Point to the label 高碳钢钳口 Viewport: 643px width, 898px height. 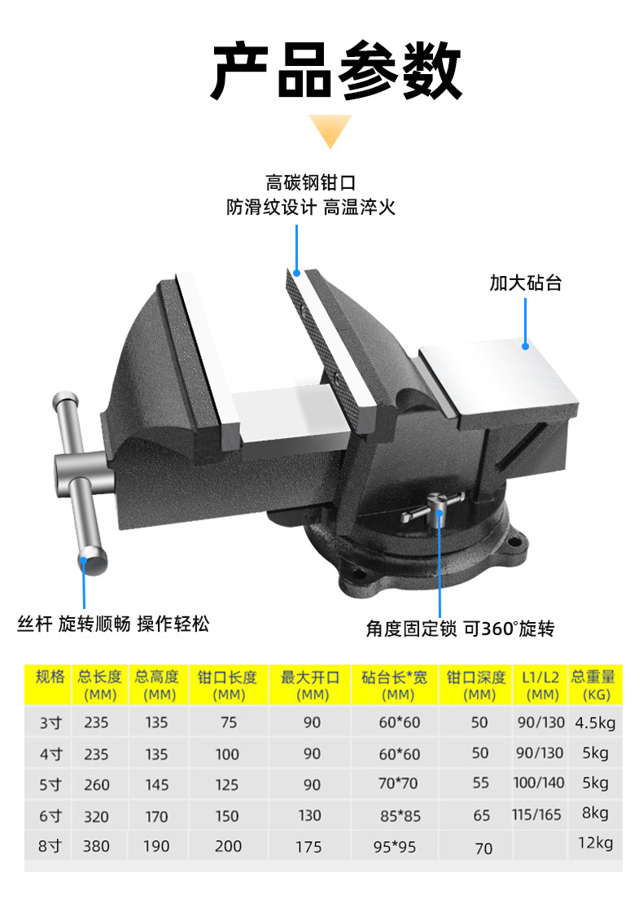click(310, 183)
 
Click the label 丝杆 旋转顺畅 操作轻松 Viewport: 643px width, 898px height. click(113, 624)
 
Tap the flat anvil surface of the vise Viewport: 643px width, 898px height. click(496, 377)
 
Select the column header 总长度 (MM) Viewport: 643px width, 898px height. click(99, 685)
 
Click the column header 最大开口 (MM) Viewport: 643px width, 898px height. click(312, 685)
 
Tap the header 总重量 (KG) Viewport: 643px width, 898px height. click(593, 685)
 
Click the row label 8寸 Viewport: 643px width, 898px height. click(50, 846)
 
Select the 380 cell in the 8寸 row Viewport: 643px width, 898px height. click(96, 846)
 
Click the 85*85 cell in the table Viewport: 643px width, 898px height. click(399, 816)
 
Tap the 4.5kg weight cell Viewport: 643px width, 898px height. click(595, 722)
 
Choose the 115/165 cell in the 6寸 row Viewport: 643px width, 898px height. click(536, 814)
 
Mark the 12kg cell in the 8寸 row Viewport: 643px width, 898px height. click(594, 843)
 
